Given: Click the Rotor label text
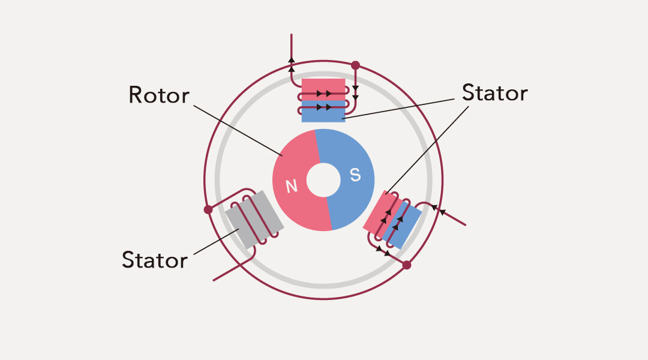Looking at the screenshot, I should (x=159, y=95).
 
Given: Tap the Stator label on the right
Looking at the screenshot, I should (x=494, y=93).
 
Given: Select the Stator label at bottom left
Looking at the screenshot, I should (x=154, y=260).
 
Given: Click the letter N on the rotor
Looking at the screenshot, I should (x=292, y=187).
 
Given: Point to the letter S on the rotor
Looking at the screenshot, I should (x=355, y=175).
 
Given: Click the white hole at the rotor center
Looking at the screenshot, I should (x=323, y=180).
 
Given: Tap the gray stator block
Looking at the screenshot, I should (x=254, y=220).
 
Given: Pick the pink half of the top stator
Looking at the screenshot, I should (x=323, y=86).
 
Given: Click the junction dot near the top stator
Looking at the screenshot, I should (x=355, y=65).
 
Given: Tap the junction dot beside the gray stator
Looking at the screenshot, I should (x=208, y=209).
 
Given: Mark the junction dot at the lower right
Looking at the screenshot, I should (x=406, y=265).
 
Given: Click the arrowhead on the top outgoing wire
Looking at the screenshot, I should (x=292, y=59).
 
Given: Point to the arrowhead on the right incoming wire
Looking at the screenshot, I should (x=443, y=212).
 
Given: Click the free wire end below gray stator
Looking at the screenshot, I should (x=215, y=280).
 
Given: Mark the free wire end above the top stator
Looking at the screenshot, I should (x=292, y=36).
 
